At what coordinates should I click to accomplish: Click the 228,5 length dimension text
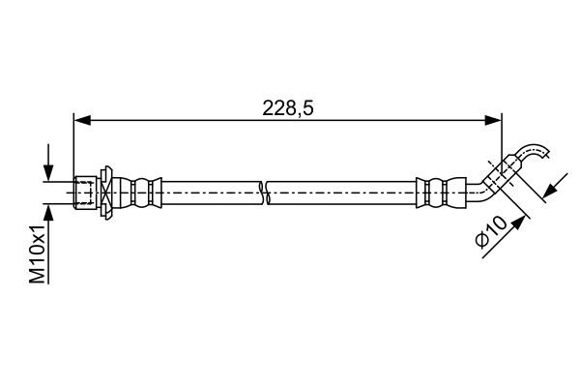pyautogui.click(x=288, y=108)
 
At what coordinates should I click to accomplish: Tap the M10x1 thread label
pyautogui.click(x=38, y=253)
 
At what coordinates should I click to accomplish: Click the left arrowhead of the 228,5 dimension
pyautogui.click(x=82, y=120)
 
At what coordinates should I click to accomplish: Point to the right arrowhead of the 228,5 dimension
pyautogui.click(x=493, y=120)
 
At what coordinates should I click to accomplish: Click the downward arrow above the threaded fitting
pyautogui.click(x=48, y=163)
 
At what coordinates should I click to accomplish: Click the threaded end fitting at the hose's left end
pyautogui.click(x=85, y=193)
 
